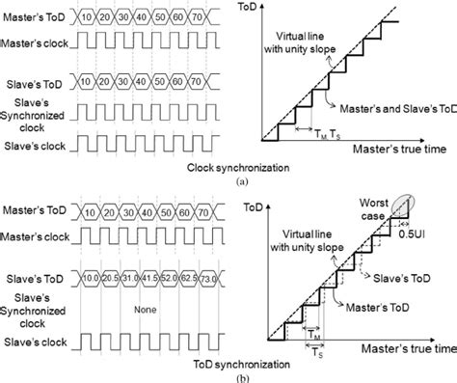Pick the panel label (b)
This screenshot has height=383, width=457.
tap(228, 377)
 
